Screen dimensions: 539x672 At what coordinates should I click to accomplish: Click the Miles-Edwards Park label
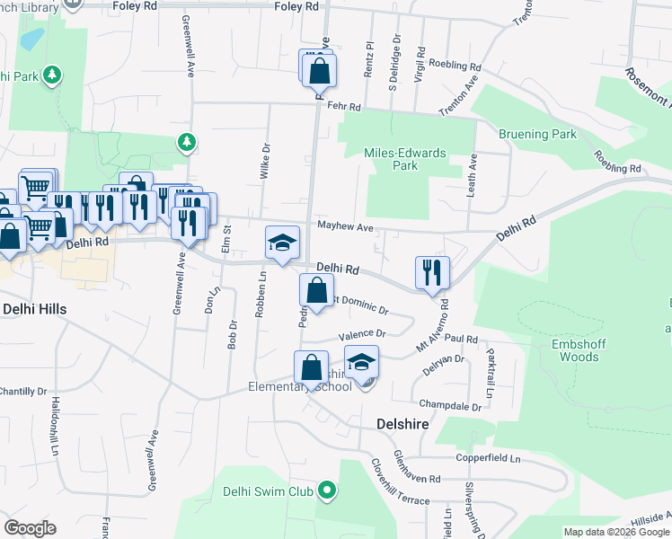405,159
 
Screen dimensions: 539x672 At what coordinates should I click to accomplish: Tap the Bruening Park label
537,135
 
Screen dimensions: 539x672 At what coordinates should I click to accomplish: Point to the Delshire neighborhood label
395,422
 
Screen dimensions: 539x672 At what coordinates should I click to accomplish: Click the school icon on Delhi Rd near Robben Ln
282,243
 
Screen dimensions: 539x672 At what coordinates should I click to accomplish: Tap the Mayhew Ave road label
344,227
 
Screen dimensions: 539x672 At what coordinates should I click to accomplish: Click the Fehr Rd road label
343,106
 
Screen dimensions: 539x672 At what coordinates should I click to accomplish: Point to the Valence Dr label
362,334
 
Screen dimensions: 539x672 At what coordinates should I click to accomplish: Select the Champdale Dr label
450,405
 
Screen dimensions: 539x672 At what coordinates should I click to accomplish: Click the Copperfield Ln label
488,458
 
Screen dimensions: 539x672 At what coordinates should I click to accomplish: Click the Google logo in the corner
30,528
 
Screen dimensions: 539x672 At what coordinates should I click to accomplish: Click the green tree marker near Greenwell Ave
186,141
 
